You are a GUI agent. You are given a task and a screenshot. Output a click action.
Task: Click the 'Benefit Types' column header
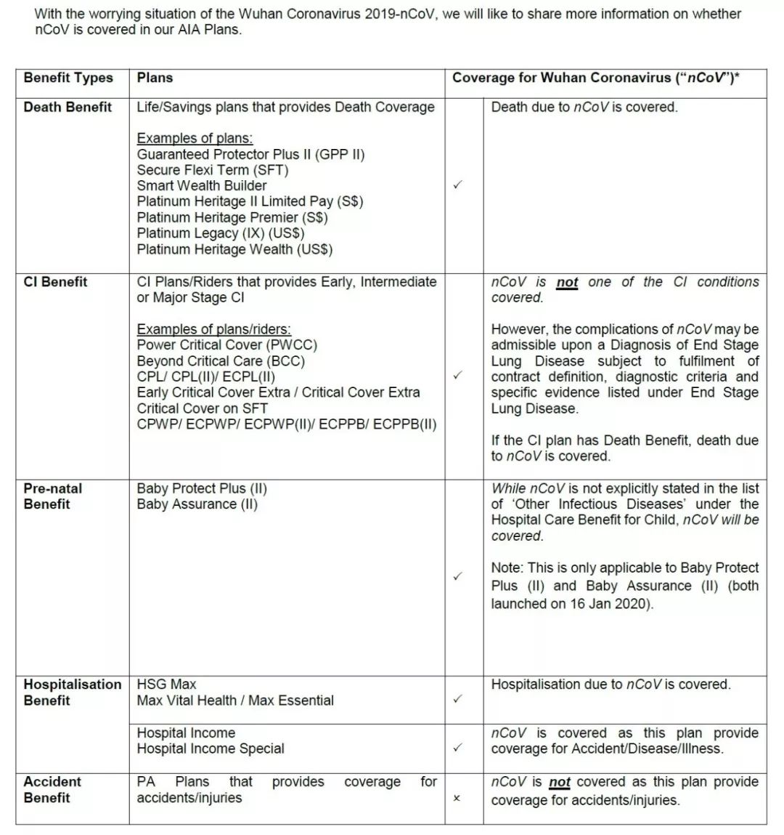(x=68, y=78)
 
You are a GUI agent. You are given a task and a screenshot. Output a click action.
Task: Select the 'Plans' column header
(x=155, y=78)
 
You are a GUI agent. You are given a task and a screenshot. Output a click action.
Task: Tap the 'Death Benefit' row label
(x=68, y=107)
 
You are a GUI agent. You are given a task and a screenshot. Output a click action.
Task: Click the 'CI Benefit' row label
(x=55, y=282)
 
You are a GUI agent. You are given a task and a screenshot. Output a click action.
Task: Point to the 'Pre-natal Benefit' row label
(x=52, y=496)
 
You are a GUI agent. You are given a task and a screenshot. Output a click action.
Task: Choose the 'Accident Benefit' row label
(x=52, y=789)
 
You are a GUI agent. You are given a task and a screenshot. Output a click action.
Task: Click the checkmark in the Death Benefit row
(x=457, y=185)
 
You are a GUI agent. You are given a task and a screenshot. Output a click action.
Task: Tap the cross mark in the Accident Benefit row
(x=457, y=798)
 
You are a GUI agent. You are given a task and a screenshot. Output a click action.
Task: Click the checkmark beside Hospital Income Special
(x=457, y=747)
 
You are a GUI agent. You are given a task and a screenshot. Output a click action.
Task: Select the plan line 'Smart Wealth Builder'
(x=201, y=185)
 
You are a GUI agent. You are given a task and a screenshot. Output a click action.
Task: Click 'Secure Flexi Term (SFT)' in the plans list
(x=212, y=170)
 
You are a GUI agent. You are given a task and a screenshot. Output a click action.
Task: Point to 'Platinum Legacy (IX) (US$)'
(x=221, y=233)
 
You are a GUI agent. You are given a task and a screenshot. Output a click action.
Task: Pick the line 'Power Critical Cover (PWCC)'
(x=226, y=345)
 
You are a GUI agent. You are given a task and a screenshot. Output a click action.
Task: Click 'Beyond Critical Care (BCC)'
(x=221, y=361)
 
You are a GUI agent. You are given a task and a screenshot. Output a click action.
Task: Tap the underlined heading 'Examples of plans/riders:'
(x=213, y=329)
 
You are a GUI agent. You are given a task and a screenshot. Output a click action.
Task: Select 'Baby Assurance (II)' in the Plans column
(x=197, y=504)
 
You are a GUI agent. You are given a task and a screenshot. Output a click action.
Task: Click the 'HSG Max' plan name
(x=166, y=685)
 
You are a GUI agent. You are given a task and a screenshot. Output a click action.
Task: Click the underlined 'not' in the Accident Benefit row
(x=559, y=783)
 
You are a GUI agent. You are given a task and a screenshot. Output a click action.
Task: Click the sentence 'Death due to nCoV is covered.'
(x=584, y=108)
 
